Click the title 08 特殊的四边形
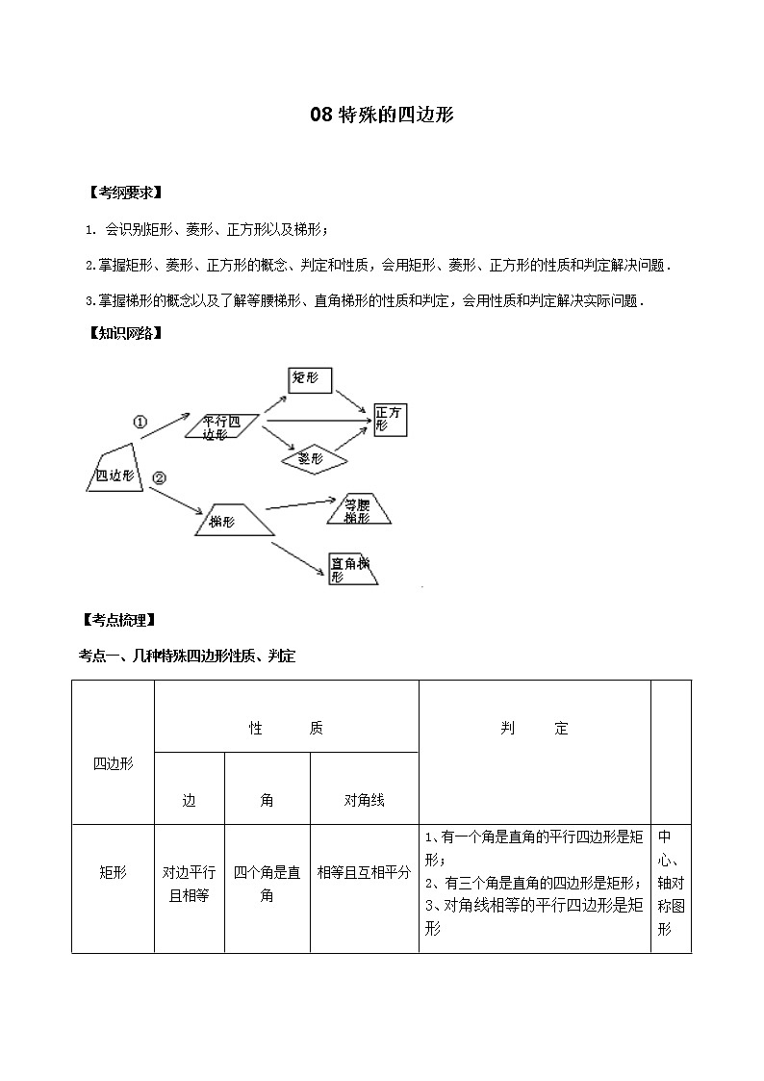pyautogui.click(x=381, y=115)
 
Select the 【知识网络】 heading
pyautogui.click(x=124, y=334)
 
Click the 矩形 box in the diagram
pyautogui.click(x=310, y=379)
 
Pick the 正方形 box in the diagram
pyautogui.click(x=391, y=418)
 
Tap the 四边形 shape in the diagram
pyautogui.click(x=115, y=472)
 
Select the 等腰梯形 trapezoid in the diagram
pyautogui.click(x=358, y=510)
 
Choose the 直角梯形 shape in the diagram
pyautogui.click(x=352, y=569)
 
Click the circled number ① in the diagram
pyautogui.click(x=140, y=422)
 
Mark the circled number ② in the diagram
pyautogui.click(x=160, y=476)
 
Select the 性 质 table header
pyautogui.click(x=286, y=729)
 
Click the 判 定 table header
pyautogui.click(x=534, y=729)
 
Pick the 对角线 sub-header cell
pyautogui.click(x=364, y=800)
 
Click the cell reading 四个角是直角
pyautogui.click(x=267, y=884)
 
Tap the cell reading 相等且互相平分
pyautogui.click(x=364, y=872)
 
